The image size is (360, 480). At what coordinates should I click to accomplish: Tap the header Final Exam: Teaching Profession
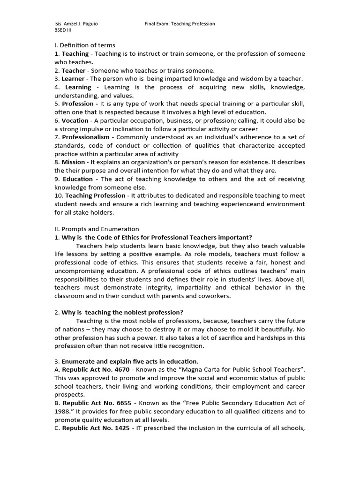180,24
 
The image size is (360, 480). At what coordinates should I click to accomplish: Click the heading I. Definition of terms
85,45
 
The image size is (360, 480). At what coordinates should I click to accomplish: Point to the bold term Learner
73,79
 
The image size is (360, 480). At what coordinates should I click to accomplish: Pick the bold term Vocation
75,120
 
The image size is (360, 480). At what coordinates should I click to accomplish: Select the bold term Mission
74,162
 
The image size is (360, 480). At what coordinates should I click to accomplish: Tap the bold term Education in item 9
78,179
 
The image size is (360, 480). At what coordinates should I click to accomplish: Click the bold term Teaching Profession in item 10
96,195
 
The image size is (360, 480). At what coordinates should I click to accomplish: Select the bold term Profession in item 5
78,104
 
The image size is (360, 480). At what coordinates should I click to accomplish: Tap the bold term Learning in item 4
78,87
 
